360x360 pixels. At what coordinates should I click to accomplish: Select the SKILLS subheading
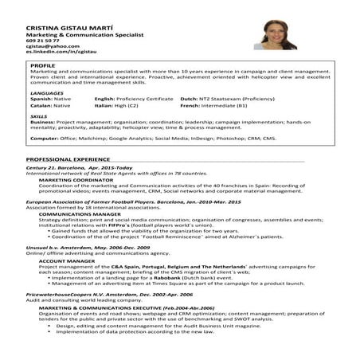[40, 116]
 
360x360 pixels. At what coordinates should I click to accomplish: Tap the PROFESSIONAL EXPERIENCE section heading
[65, 159]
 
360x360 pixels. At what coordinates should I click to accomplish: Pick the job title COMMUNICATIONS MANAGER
[75, 214]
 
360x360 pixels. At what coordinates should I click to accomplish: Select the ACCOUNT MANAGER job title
[63, 260]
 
